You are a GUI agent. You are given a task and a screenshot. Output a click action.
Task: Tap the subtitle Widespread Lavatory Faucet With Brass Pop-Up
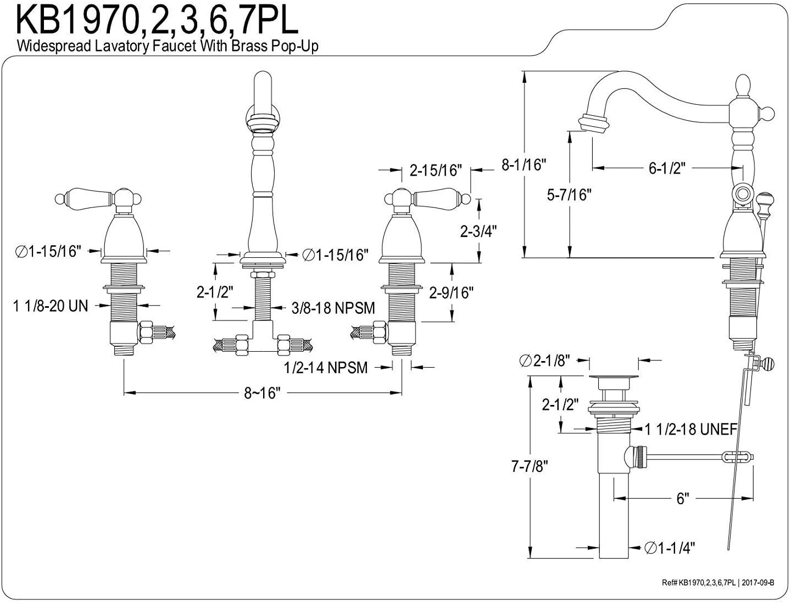click(168, 46)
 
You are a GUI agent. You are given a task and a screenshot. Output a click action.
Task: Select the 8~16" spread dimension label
click(263, 393)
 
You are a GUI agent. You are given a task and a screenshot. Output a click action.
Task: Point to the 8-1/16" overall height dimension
click(524, 165)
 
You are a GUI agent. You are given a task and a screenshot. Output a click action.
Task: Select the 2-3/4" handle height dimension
click(478, 231)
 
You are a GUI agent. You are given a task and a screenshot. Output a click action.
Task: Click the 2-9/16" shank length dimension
click(451, 293)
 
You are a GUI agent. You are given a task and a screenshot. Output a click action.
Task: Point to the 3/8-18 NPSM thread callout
click(333, 308)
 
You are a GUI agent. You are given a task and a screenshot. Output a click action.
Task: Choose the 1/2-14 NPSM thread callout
click(326, 368)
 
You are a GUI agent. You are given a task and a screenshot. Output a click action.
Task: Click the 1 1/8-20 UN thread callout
click(51, 306)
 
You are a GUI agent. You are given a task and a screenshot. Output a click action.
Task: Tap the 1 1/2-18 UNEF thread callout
click(691, 430)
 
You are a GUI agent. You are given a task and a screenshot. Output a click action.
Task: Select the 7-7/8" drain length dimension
click(530, 466)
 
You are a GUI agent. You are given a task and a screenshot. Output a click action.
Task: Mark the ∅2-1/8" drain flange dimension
click(546, 360)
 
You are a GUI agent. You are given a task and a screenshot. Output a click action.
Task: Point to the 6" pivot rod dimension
click(682, 499)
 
